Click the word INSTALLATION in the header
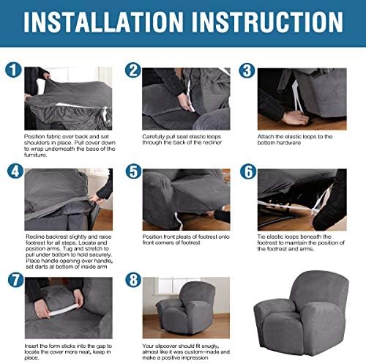tap(103, 22)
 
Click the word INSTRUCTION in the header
tap(267, 22)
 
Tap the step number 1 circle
tap(13, 70)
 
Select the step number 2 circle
tap(133, 70)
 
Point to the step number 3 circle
tap(247, 70)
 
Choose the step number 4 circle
tap(15, 171)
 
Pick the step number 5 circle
tap(133, 171)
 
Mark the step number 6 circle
tap(248, 171)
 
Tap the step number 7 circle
tap(15, 280)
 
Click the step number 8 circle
tap(133, 280)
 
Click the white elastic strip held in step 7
tap(64, 310)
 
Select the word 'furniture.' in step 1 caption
tap(35, 155)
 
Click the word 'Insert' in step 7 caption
tap(31, 346)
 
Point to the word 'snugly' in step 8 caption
tap(210, 346)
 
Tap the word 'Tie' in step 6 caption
tap(261, 237)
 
